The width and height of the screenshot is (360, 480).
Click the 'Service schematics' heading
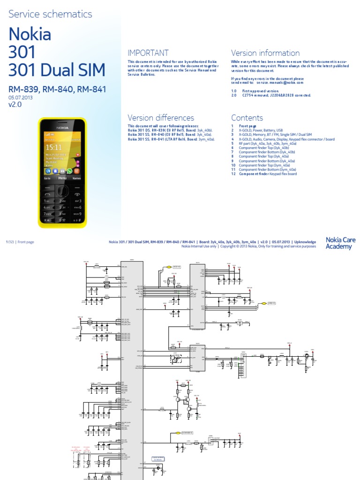pos(51,14)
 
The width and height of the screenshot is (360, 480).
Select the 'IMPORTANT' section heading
pos(148,53)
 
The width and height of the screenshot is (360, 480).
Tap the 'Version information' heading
pos(265,53)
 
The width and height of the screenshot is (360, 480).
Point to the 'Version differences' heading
pos(161,118)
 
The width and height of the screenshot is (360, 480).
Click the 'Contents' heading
pos(247,118)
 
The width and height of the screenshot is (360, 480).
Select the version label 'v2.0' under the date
pos(15,105)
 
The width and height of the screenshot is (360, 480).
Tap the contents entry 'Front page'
pos(248,127)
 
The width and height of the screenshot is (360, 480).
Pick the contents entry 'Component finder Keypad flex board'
pos(268,174)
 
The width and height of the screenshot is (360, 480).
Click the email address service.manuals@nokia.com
pos(280,82)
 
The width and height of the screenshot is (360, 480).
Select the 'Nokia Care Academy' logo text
pos(340,243)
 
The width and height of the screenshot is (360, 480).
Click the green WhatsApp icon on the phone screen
pos(70,171)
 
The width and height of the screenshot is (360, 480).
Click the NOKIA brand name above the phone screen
pos(62,127)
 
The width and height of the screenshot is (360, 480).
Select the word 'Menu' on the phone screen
pos(62,179)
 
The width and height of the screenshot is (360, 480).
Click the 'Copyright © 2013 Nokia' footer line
pos(248,246)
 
